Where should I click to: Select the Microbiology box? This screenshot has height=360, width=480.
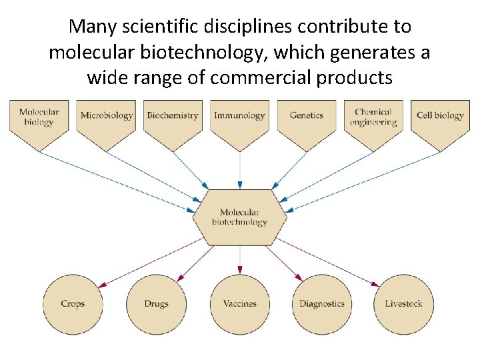pos(107,120)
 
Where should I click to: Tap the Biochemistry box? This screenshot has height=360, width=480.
pos(173,120)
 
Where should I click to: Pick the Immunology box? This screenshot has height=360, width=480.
pos(239,120)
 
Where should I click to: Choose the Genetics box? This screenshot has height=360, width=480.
pos(306,120)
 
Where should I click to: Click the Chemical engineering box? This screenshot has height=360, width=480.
pos(373,120)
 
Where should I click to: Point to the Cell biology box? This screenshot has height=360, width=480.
pos(440,120)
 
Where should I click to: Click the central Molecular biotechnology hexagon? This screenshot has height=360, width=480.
pos(239,217)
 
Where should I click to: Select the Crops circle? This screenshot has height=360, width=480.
pos(73,304)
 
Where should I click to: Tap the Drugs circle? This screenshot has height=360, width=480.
pos(156,304)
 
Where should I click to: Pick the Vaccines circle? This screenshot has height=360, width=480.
pos(240,304)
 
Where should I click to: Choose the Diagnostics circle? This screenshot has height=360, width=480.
pos(321,304)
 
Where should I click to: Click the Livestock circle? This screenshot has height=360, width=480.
pos(403,304)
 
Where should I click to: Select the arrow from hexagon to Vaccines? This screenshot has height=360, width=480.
pos(240,260)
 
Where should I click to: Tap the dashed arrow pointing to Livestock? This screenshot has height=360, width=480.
pos(327,261)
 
